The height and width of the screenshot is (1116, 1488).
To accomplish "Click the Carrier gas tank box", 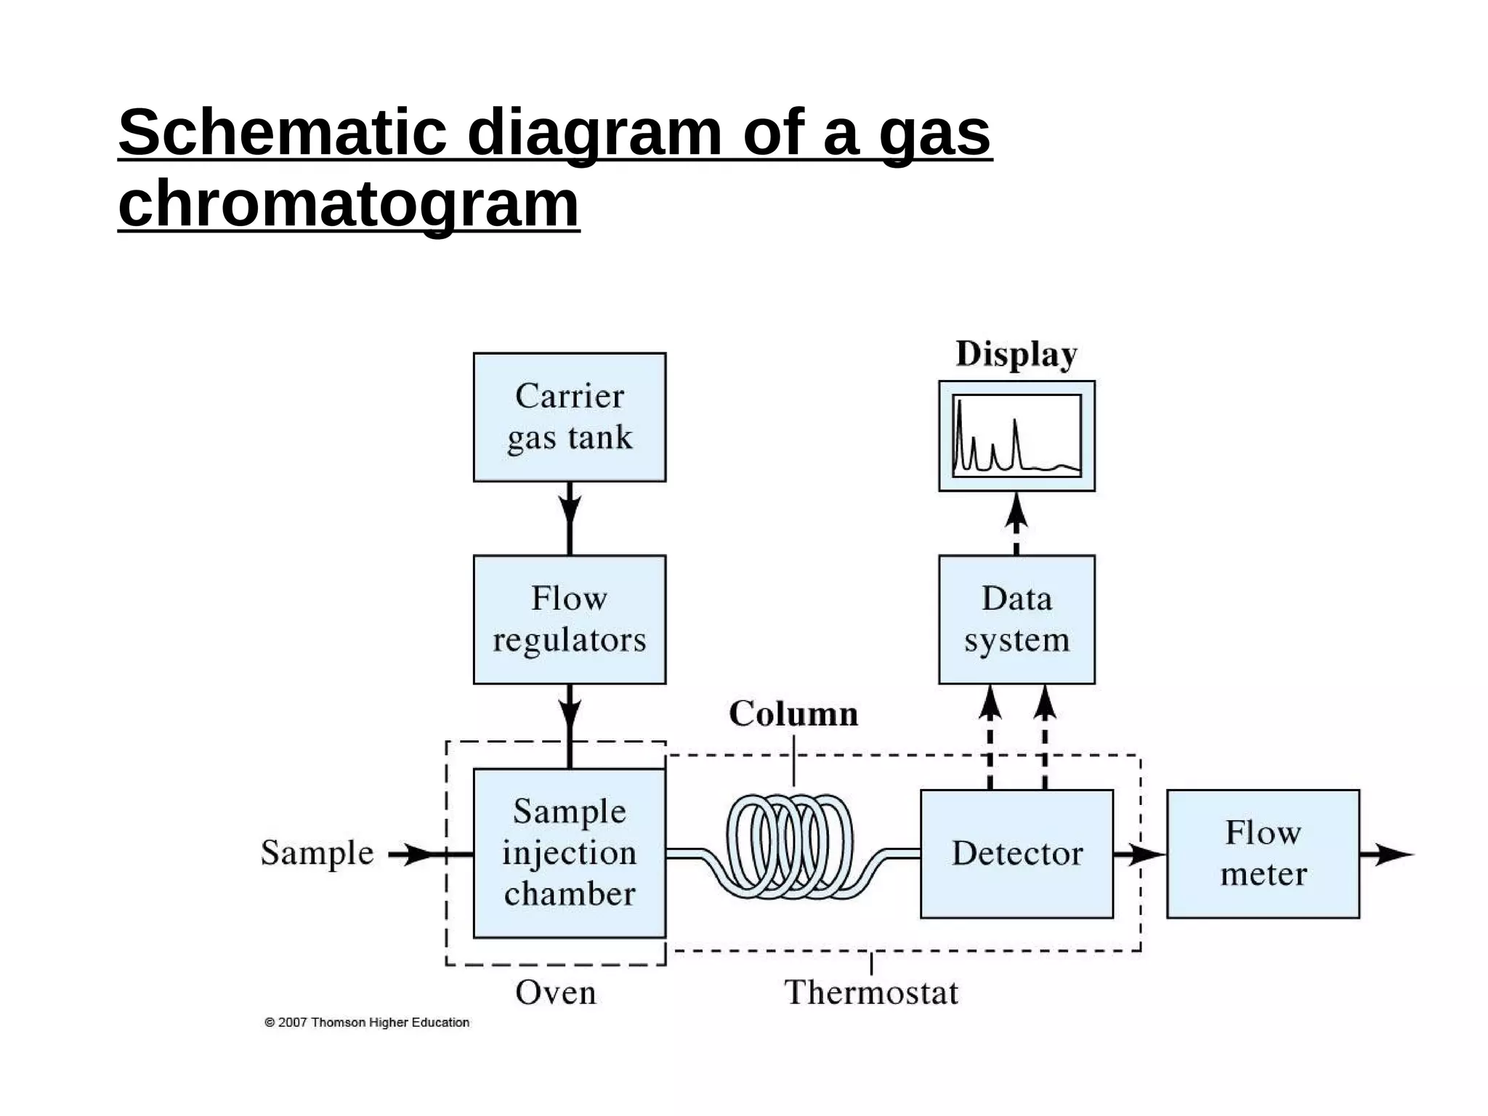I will pos(569,417).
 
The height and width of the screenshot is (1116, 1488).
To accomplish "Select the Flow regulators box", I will pos(569,619).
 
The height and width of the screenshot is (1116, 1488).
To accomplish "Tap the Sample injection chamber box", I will pos(569,853).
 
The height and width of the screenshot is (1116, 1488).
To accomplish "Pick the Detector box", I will pos(1016,854).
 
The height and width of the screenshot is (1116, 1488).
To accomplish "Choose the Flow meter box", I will pos(1263,854).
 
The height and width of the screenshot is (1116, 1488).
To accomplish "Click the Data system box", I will pos(1016,619).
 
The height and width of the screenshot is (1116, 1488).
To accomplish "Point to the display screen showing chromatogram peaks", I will pos(1016,436).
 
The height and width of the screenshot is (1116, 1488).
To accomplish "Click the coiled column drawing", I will pos(790,846).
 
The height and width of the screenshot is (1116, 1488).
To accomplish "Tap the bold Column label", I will pos(793,713).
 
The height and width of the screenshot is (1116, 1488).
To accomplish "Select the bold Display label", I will pos(1016,355).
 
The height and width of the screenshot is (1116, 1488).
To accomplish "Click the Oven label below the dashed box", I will pos(556,992).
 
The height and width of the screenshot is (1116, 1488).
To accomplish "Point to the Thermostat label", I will pos(871,992).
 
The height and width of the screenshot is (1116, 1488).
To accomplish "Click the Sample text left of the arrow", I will pos(317,853).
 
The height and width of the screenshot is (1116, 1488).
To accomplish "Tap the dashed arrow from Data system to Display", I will pos(1016,523).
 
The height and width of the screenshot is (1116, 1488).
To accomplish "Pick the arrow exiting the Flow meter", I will pos(1386,854).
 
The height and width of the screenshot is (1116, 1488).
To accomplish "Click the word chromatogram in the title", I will pos(349,203).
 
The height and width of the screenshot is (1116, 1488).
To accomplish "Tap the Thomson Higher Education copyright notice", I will pos(367,1022).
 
